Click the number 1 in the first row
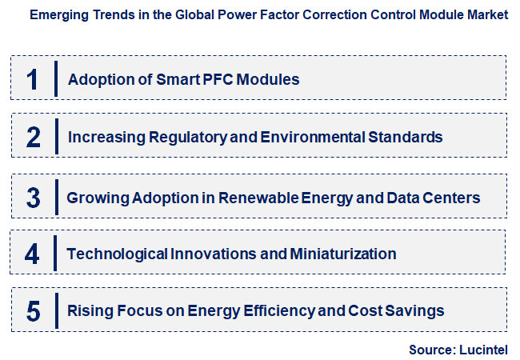(32, 79)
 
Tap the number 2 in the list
(33, 137)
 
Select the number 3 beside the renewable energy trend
(32, 196)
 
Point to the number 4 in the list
(32, 254)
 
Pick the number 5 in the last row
(33, 311)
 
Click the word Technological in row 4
(117, 254)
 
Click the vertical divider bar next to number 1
(56, 78)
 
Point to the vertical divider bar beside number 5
(55, 310)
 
